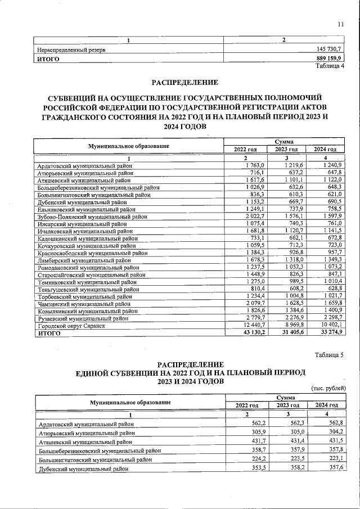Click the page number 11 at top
[340, 24]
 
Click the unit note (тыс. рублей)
[328, 388]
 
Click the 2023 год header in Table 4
[286, 149]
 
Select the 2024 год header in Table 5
[326, 405]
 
